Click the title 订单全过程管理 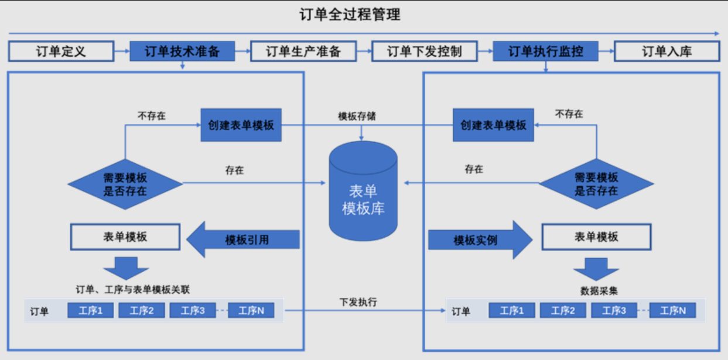pos(350,15)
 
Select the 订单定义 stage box pos(61,52)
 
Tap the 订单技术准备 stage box pos(182,52)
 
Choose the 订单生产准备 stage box pos(303,52)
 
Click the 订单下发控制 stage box pos(425,52)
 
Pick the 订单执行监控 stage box pos(546,52)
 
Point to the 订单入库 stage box pos(667,52)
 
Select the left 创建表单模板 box pos(241,125)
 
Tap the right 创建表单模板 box pos(494,125)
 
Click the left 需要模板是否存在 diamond pos(125,184)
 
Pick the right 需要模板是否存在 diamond pos(596,184)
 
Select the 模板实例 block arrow pos(478,240)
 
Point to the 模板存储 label pos(357,115)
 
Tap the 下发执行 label pos(358,302)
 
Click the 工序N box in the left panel pos(255,311)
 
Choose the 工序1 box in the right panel pos(511,311)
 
